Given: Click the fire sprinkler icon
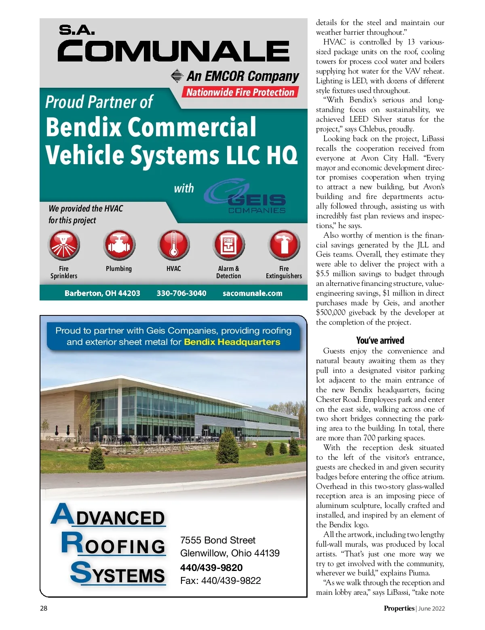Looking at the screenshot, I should tap(64, 245).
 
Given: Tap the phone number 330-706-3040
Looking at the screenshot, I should tap(181, 293).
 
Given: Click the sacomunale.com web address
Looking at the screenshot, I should tap(253, 293).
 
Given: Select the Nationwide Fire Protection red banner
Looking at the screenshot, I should tap(240, 92).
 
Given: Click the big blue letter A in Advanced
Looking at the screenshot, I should tap(61, 514).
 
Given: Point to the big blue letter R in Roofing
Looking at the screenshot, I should tap(72, 543).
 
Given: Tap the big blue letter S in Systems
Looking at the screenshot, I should tap(80, 572).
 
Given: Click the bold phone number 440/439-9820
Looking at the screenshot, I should tap(211, 567).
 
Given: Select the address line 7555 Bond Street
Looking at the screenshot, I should tap(218, 540).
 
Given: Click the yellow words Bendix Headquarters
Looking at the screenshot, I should tap(232, 342).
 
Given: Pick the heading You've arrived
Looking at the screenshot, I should tap(380, 340).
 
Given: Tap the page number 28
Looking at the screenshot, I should tap(44, 608).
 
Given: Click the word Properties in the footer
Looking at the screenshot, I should tap(399, 608).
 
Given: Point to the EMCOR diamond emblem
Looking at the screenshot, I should tap(177, 76).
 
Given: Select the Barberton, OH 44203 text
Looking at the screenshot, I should tap(102, 293).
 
